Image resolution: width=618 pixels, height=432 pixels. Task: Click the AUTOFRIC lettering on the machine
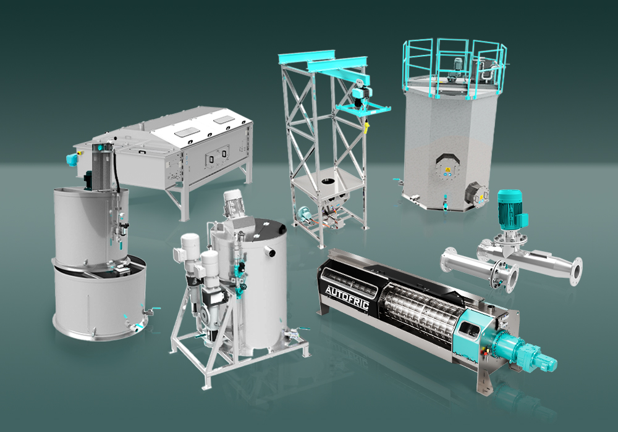tap(347, 297)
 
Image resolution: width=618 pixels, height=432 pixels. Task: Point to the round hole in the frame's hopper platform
tap(328, 182)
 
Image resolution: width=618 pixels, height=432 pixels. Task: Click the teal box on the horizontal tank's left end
tap(72, 160)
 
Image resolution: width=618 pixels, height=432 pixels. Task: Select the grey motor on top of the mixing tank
tap(232, 206)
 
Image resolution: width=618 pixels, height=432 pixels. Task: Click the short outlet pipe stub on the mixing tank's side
tap(269, 251)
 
